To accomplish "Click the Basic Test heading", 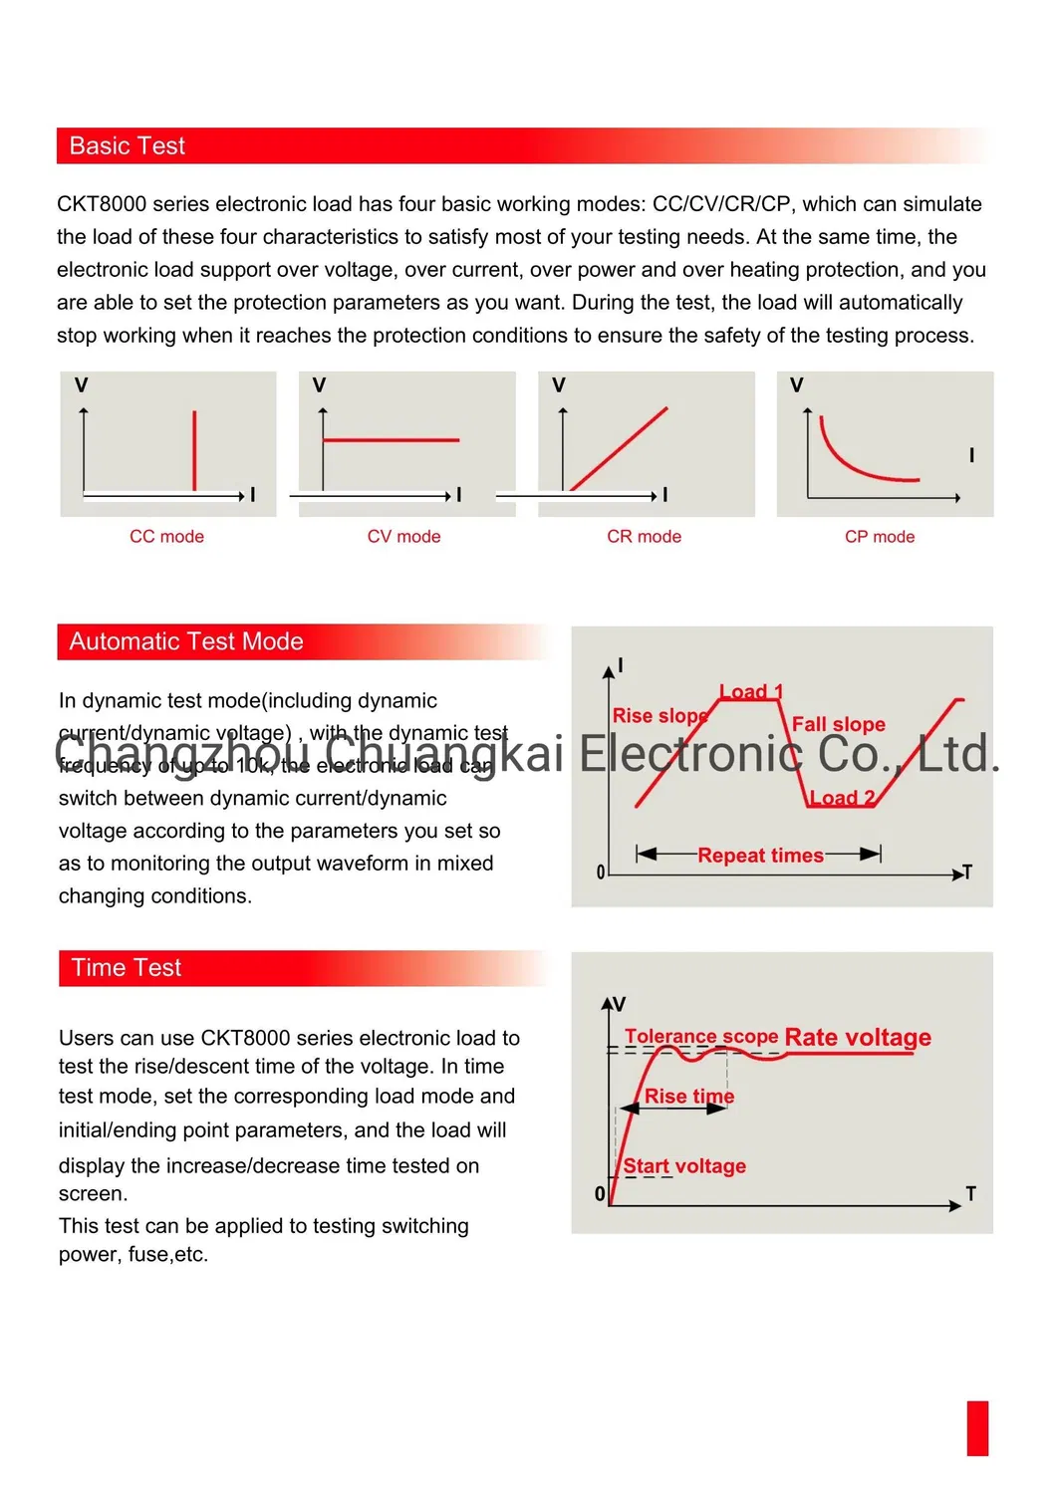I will tap(127, 146).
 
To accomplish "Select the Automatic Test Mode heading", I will tap(185, 641).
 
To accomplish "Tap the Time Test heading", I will tap(127, 968).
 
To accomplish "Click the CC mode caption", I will tap(166, 537).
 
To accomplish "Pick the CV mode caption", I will tap(403, 537).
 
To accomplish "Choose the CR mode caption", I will tap(644, 537).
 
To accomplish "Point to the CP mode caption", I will tap(880, 537).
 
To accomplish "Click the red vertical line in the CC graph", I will tap(194, 450).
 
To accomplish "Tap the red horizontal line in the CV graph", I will tap(391, 439).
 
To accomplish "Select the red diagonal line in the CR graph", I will tap(619, 448).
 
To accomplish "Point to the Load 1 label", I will tap(751, 691).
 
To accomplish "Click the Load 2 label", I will tap(842, 798).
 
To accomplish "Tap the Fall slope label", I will tap(838, 724).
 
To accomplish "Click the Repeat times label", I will tap(760, 856).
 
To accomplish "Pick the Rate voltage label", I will tap(858, 1038).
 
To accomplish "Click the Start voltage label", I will tap(684, 1166).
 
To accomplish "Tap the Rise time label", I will tap(689, 1097).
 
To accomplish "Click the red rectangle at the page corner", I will tap(977, 1428).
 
